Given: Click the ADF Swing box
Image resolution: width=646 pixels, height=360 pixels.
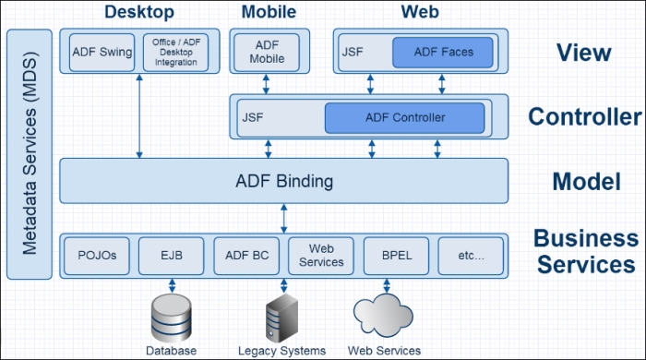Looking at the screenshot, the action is [102, 53].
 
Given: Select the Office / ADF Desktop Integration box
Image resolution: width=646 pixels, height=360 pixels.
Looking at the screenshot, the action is [176, 53].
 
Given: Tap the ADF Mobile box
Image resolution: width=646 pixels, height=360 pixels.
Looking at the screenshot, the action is [267, 53].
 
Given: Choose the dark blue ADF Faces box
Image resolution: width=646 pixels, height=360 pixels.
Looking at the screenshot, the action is [443, 53].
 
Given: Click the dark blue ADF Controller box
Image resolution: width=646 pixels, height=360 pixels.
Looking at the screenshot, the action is [404, 118].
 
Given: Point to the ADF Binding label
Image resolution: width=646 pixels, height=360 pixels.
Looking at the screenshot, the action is [284, 181].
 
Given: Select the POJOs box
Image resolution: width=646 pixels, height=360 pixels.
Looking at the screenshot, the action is [97, 256].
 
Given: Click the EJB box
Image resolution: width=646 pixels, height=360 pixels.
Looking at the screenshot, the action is [172, 256].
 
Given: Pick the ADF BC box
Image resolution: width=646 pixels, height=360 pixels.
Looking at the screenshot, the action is [246, 256].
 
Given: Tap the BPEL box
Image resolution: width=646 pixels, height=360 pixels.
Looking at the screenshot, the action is [396, 256].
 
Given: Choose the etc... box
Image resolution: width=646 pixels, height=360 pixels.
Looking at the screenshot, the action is [471, 256].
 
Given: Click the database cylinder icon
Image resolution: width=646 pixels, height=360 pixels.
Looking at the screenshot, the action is [171, 318].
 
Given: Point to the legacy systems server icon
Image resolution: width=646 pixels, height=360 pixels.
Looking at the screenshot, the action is [281, 318].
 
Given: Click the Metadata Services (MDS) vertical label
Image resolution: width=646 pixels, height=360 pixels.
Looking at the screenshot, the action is [30, 153].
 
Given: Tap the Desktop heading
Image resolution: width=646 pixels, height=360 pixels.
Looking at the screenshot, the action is [139, 11].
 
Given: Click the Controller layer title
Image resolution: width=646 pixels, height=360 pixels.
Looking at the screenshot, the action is [585, 116].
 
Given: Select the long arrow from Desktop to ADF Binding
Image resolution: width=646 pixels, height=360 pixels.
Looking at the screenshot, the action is [139, 115].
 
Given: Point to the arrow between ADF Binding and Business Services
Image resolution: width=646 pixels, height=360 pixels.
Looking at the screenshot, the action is [284, 219].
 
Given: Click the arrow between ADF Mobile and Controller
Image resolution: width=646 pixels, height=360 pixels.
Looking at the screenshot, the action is [266, 84].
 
